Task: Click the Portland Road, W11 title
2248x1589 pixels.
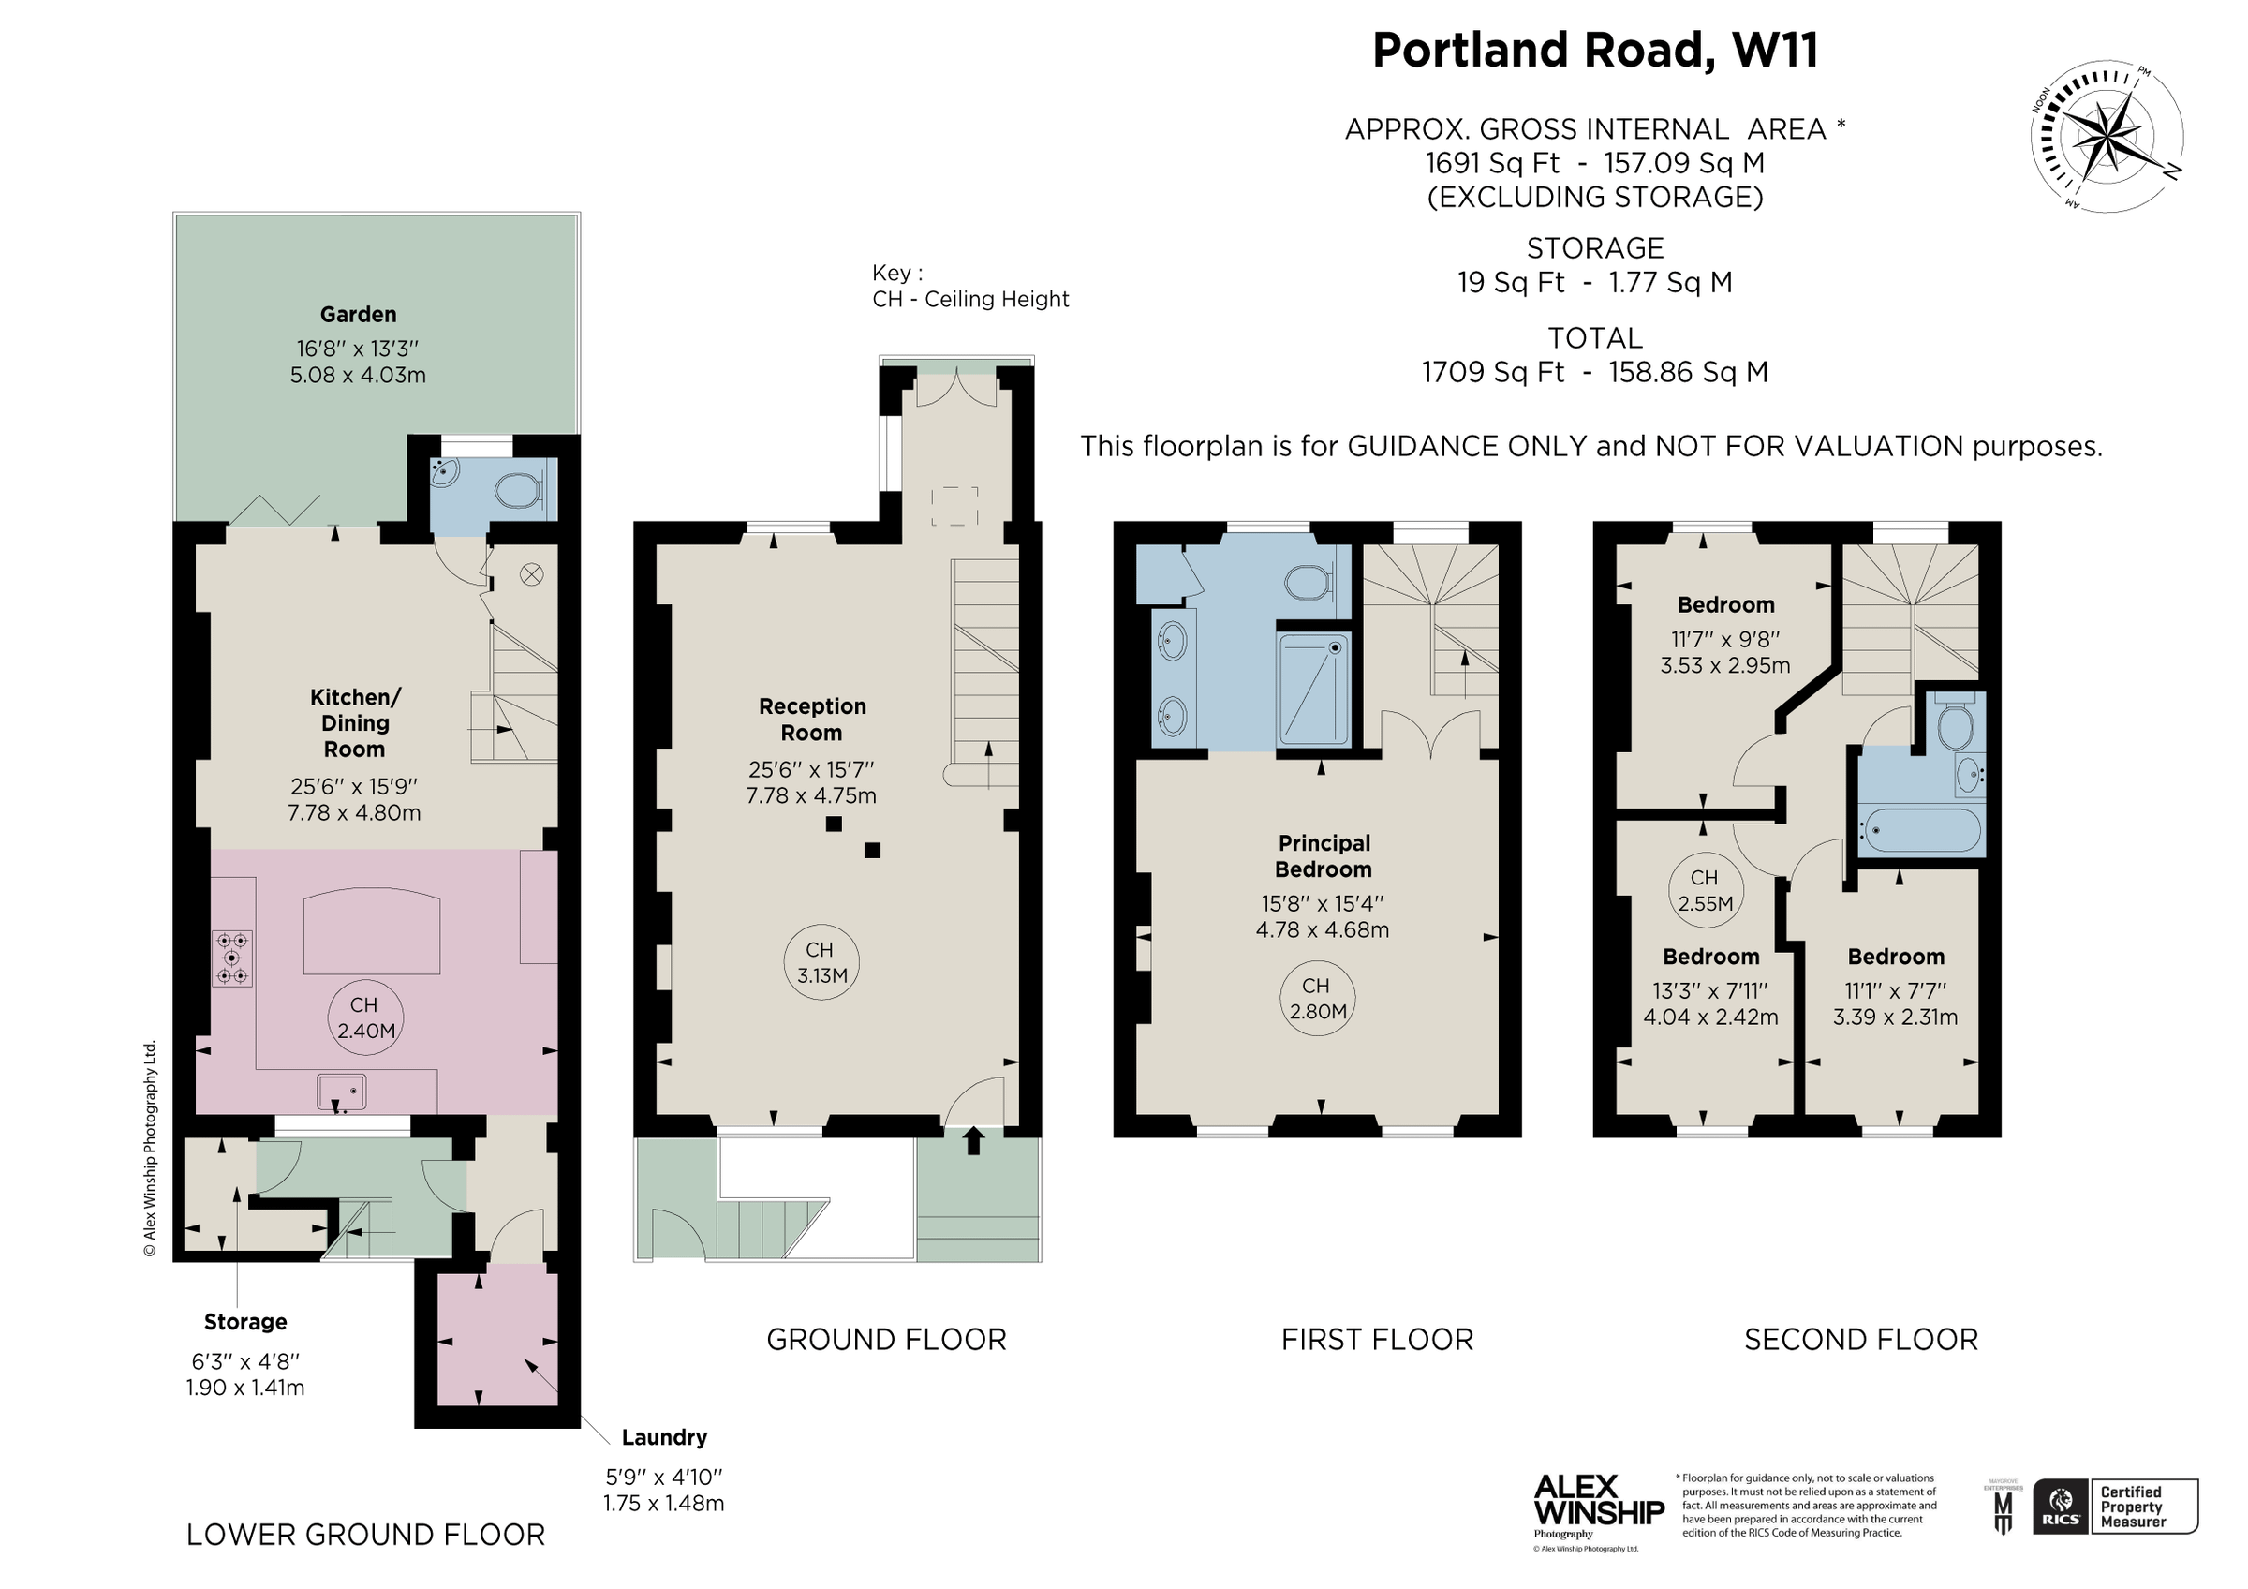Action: [x=1594, y=51]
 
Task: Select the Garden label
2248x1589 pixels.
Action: [x=359, y=314]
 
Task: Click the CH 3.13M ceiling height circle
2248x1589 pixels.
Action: [x=821, y=962]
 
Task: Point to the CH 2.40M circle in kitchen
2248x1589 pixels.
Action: [x=365, y=1018]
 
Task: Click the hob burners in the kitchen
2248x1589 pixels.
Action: [x=232, y=958]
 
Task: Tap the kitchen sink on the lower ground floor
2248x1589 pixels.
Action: [x=342, y=1091]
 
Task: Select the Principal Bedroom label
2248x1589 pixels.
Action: [x=1323, y=855]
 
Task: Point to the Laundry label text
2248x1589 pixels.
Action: [x=664, y=1437]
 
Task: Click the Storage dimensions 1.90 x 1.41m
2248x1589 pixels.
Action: [x=244, y=1388]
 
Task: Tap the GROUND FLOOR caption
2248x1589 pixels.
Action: [x=886, y=1340]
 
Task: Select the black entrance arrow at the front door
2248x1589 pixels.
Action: [x=973, y=1140]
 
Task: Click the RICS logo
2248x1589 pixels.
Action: [x=2060, y=1507]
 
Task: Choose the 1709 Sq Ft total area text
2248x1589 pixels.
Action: [x=1594, y=372]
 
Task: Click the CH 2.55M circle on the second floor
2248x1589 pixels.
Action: [x=1705, y=890]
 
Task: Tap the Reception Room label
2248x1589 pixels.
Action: [x=812, y=720]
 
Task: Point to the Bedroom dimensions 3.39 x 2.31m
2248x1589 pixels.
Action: [x=1895, y=1017]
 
